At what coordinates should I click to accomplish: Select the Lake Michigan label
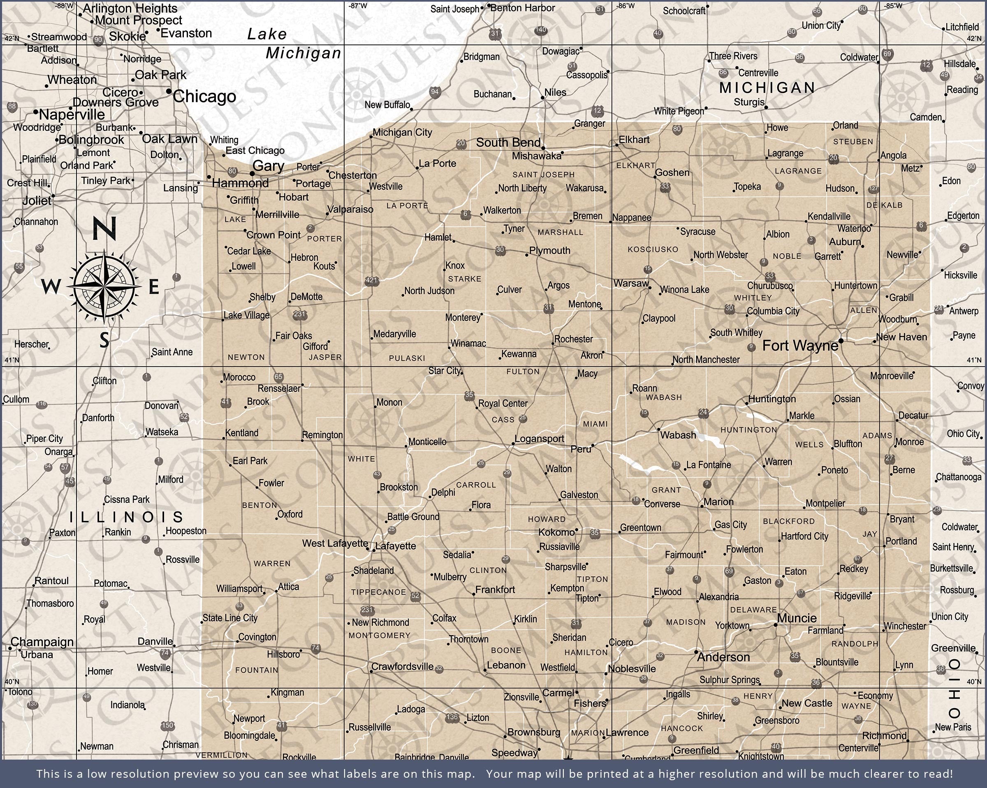tap(293, 44)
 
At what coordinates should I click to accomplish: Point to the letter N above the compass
tap(104, 228)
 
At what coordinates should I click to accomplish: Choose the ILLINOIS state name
tap(126, 517)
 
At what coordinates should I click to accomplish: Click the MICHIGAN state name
tap(767, 88)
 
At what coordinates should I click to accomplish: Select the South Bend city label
tap(508, 142)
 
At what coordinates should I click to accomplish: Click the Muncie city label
tap(797, 618)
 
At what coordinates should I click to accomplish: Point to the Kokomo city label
tap(556, 532)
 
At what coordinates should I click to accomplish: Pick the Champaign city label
tap(42, 642)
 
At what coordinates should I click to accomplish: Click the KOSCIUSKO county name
tap(653, 249)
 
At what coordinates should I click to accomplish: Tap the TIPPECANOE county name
tap(379, 592)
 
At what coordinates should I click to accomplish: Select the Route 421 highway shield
tap(371, 280)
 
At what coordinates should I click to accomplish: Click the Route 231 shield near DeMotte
tap(299, 314)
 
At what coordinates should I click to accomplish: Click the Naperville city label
tap(72, 114)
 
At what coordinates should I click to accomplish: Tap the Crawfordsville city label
tap(402, 666)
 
